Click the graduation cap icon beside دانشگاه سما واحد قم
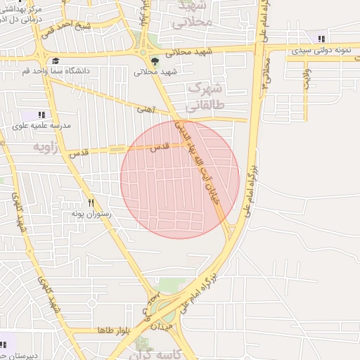click(56, 61)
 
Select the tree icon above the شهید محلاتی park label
click(155, 61)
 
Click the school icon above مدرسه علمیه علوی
click(41, 115)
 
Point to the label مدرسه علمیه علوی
click(41, 126)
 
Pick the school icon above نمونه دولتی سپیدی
click(321, 39)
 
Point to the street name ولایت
click(307, 79)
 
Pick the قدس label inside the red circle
click(161, 147)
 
